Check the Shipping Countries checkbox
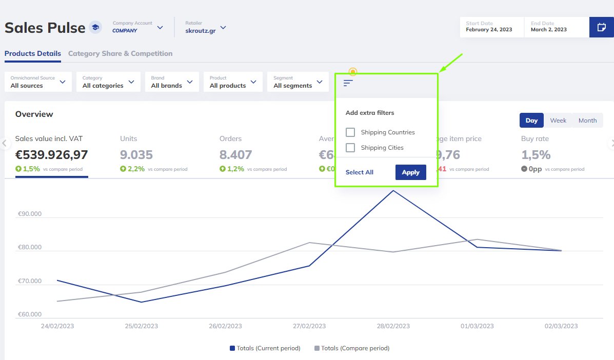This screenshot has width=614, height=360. pyautogui.click(x=350, y=132)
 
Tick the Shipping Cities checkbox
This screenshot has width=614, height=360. pyautogui.click(x=350, y=148)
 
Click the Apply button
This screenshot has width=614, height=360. pyautogui.click(x=410, y=172)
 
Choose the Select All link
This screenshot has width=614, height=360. pyautogui.click(x=360, y=172)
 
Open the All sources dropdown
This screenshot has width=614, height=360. pyautogui.click(x=38, y=82)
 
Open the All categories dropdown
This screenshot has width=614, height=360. pyautogui.click(x=108, y=82)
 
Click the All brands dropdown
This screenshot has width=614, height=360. pyautogui.click(x=172, y=82)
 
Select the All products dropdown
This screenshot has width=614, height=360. pyautogui.click(x=233, y=82)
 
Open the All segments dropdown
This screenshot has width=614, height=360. pyautogui.click(x=298, y=82)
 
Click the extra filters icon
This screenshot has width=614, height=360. pyautogui.click(x=348, y=83)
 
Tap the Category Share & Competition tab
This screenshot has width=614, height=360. pyautogui.click(x=120, y=53)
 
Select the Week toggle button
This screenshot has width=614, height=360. pyautogui.click(x=558, y=121)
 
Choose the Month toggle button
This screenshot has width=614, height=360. pyautogui.click(x=587, y=121)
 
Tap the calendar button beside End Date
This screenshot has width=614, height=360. pyautogui.click(x=601, y=27)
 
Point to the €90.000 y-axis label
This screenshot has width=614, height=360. pyautogui.click(x=30, y=214)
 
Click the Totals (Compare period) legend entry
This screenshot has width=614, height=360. pyautogui.click(x=352, y=348)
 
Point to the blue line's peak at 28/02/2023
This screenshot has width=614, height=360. pyautogui.click(x=393, y=191)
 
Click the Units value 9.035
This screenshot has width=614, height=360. pyautogui.click(x=136, y=154)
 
